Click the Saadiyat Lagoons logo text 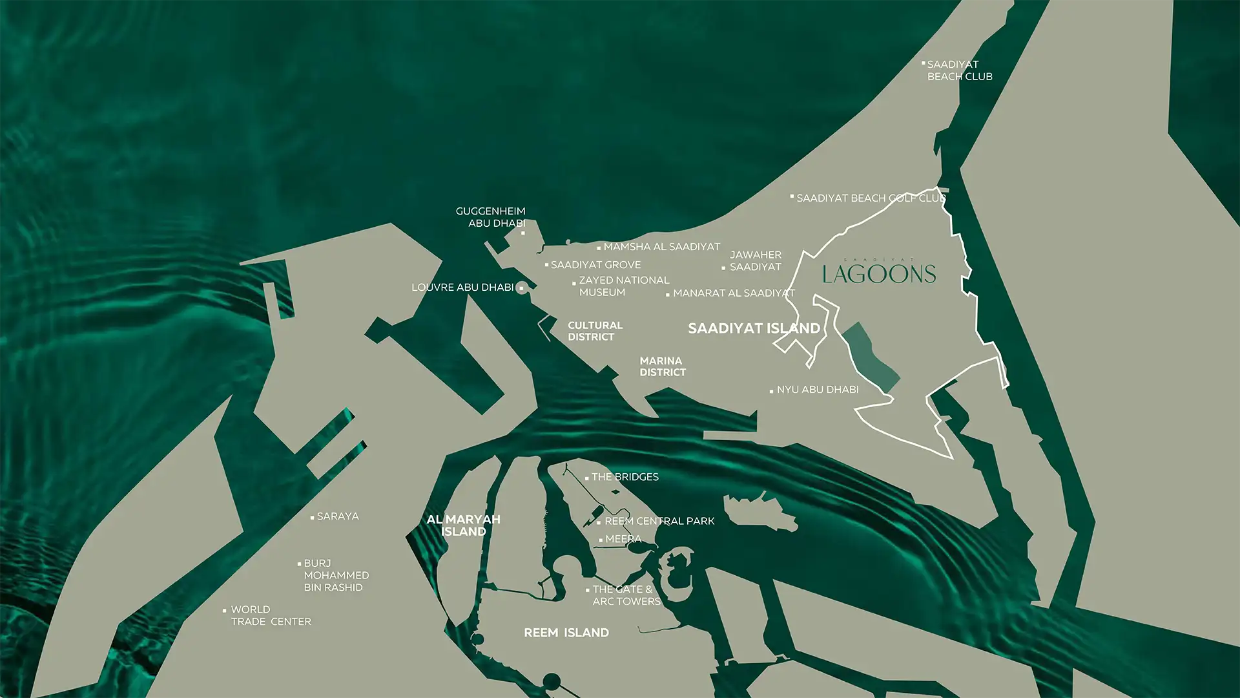pos(879,273)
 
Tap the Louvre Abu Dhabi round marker pos(522,288)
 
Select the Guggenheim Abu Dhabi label pos(491,217)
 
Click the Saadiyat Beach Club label pos(959,70)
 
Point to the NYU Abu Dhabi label pos(817,390)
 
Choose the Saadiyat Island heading pos(754,328)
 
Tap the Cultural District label pos(595,331)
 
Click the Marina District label pos(663,366)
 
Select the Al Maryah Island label pos(463,525)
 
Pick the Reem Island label pos(566,633)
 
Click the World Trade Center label pos(271,615)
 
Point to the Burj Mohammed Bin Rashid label pos(336,575)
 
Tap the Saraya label pos(337,516)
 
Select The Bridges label pos(625,477)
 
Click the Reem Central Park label pos(659,521)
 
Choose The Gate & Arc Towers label pos(626,595)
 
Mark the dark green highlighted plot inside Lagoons pos(869,355)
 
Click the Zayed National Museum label pos(623,286)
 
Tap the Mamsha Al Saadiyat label pos(661,247)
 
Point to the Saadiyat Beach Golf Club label pos(871,198)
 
